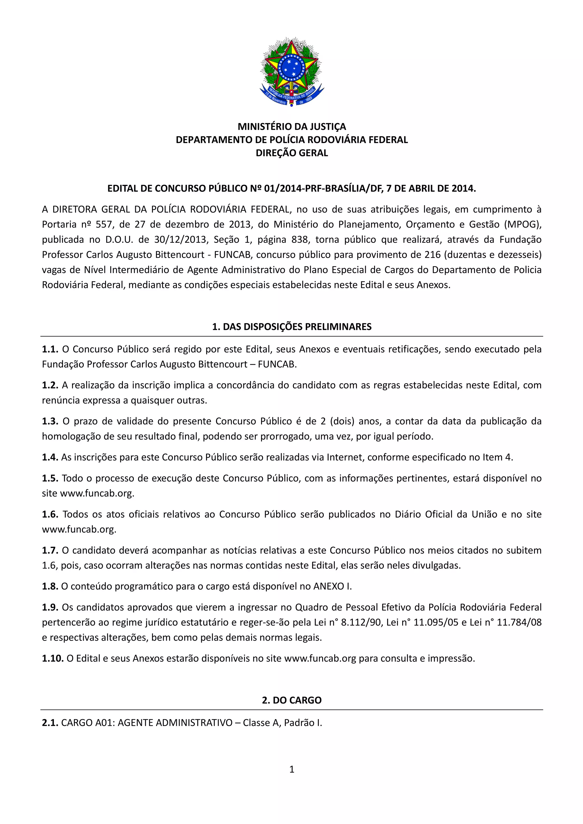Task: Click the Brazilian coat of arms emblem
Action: pos(291,72)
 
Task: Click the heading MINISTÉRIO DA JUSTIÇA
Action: pos(292,127)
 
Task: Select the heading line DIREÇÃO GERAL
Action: pos(292,153)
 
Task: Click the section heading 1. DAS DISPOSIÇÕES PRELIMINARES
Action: pos(292,327)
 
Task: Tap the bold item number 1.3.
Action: pos(50,421)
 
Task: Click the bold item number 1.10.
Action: pos(53,658)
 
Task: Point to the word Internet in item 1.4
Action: pos(345,457)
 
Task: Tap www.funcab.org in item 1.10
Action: pos(320,658)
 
